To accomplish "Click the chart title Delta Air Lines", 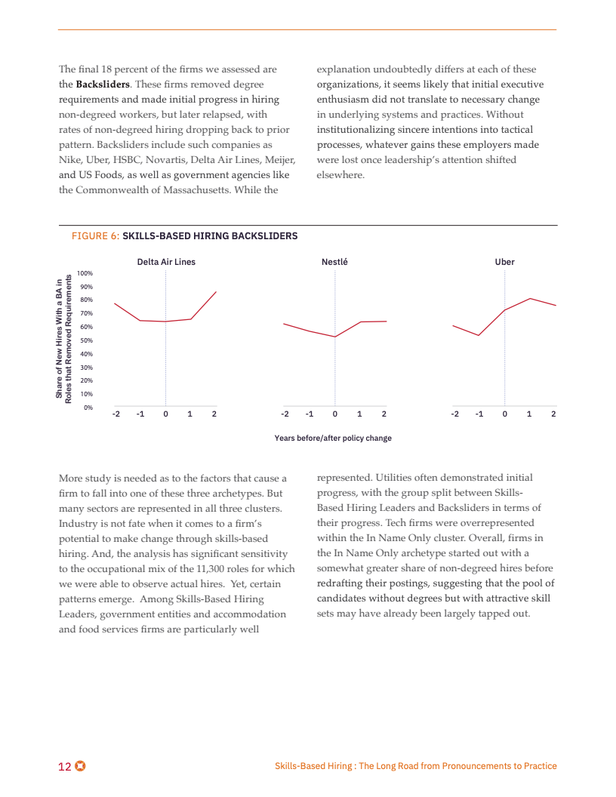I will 166,262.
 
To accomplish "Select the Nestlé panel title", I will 334,262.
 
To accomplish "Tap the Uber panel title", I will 504,262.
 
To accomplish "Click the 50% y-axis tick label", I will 86,340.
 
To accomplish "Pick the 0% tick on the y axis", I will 88,408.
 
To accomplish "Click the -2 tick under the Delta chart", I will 115,414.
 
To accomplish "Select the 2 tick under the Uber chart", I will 553,414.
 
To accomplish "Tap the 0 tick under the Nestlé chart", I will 334,414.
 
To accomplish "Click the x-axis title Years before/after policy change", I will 333,438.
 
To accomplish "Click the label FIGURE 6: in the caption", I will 95,236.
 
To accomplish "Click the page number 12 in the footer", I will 65,766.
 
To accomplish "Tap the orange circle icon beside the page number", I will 80,766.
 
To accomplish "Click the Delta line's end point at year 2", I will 216,292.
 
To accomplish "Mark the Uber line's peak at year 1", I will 530,299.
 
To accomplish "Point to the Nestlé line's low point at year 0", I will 334,337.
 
